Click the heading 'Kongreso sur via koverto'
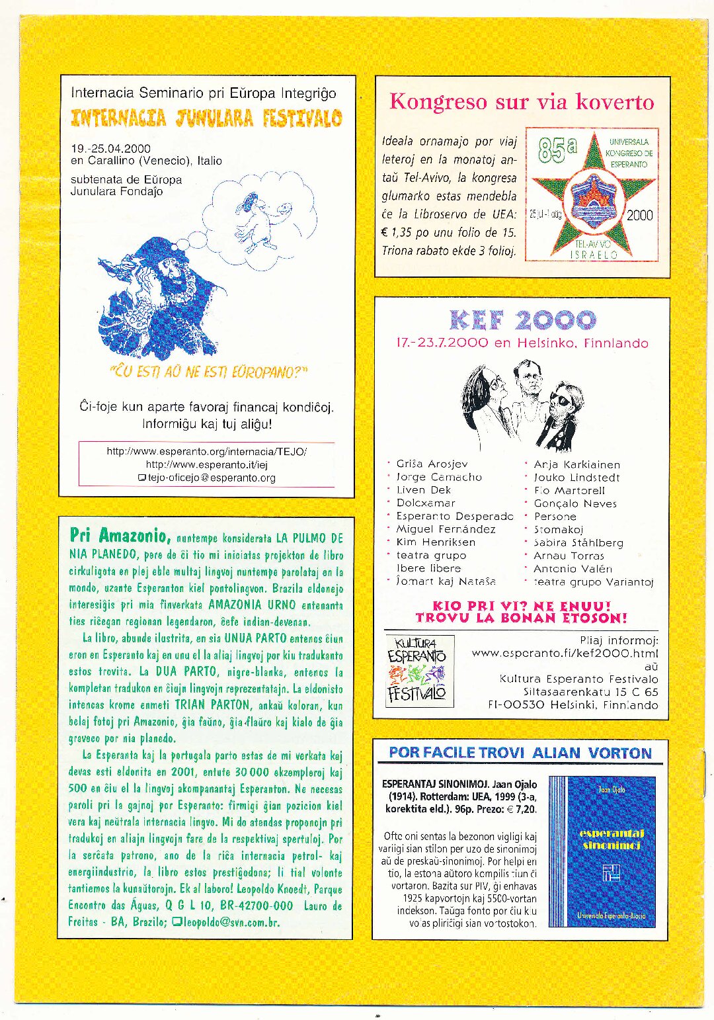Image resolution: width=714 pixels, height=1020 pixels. point(522,102)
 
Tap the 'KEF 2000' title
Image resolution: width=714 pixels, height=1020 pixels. point(522,321)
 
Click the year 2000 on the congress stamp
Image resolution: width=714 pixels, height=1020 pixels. point(639,215)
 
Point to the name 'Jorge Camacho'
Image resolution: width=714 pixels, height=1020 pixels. point(439,477)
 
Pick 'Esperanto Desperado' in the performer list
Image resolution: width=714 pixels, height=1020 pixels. point(455,516)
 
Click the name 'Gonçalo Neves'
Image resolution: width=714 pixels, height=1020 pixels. point(575,503)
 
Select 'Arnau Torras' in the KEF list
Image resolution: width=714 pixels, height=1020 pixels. point(569,556)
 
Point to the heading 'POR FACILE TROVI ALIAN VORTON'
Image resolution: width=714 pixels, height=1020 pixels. point(520,753)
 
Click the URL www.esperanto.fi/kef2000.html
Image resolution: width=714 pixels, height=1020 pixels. point(565,653)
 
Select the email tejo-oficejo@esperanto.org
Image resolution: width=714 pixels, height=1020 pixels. point(211,478)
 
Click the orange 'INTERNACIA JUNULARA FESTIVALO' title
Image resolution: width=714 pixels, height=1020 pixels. point(206,118)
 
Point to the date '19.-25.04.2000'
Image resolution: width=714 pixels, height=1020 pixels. point(110,148)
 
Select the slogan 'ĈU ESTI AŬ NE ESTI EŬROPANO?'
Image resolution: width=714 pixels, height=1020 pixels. point(208,372)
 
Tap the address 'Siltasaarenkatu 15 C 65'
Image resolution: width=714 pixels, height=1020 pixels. point(590,692)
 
